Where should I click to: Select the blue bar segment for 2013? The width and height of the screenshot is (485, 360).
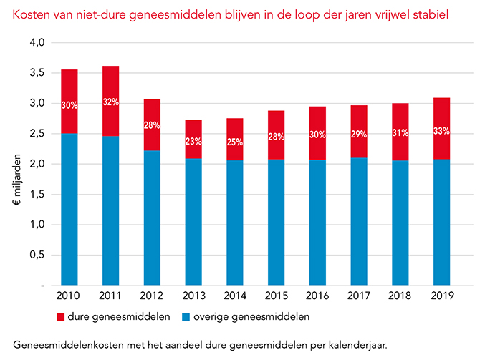pos(193,222)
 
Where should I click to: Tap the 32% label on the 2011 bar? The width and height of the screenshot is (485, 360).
pos(111,102)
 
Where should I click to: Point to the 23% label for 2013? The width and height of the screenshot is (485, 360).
pos(193,142)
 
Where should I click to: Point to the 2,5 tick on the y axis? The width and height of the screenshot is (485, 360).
pos(37,133)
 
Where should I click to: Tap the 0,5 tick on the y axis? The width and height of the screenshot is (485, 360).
pos(37,255)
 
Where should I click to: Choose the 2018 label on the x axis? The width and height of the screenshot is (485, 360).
pos(400,294)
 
